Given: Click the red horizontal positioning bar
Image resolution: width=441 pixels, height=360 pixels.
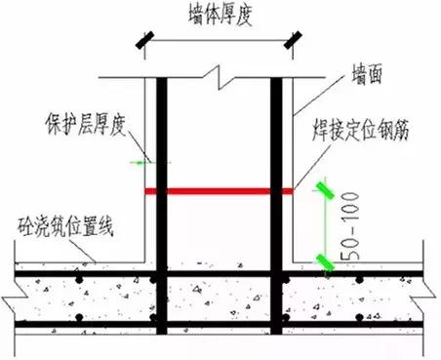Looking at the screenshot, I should (x=220, y=192).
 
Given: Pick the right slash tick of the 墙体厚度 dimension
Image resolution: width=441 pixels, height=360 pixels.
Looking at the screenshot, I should (x=292, y=41).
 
